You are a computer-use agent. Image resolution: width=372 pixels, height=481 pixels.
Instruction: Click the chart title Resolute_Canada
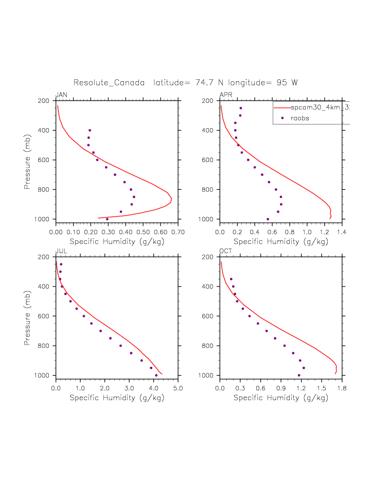[x=109, y=82]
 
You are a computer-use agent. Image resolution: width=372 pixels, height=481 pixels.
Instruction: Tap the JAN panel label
[x=61, y=95]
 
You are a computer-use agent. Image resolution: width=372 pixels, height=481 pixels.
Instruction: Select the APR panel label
[x=225, y=95]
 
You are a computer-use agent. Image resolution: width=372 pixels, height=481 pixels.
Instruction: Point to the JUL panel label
[x=61, y=252]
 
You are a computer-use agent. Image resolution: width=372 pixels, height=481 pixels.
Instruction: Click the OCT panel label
[x=226, y=252]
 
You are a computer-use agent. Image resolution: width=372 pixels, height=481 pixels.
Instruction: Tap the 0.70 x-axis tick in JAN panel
[x=178, y=233]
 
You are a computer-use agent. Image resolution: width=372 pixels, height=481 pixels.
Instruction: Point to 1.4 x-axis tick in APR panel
[x=342, y=233]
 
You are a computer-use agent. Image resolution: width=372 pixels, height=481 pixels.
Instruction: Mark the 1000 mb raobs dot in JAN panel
[x=107, y=219]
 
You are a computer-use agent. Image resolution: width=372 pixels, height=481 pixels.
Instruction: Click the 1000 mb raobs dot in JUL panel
[x=156, y=375]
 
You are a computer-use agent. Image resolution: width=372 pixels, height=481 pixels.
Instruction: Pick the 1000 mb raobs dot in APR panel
[x=268, y=219]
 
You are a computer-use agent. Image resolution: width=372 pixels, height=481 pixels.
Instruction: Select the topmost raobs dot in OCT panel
[x=231, y=279]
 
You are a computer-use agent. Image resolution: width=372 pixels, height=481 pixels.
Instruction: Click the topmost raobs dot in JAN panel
[x=90, y=130]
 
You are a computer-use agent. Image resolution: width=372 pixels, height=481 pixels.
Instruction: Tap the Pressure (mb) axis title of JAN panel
[x=27, y=160]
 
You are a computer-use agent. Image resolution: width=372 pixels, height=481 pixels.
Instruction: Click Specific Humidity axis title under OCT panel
[x=280, y=398]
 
